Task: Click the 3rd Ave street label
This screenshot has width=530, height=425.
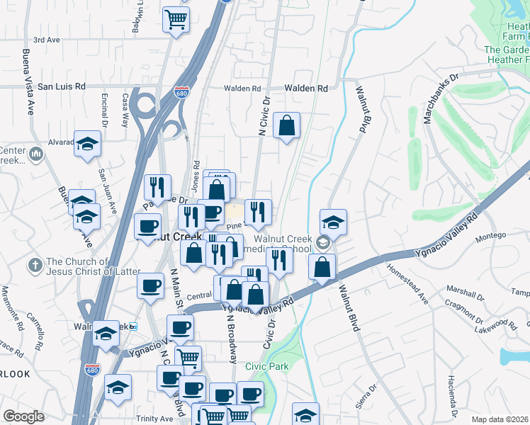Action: (47, 40)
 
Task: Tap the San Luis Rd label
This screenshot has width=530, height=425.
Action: (61, 86)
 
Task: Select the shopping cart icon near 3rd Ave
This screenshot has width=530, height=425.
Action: (176, 18)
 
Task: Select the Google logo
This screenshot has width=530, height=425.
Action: (23, 416)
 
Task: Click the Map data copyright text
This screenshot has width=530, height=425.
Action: (500, 419)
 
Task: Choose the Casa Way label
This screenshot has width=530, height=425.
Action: (125, 110)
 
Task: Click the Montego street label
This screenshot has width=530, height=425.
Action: (490, 235)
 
